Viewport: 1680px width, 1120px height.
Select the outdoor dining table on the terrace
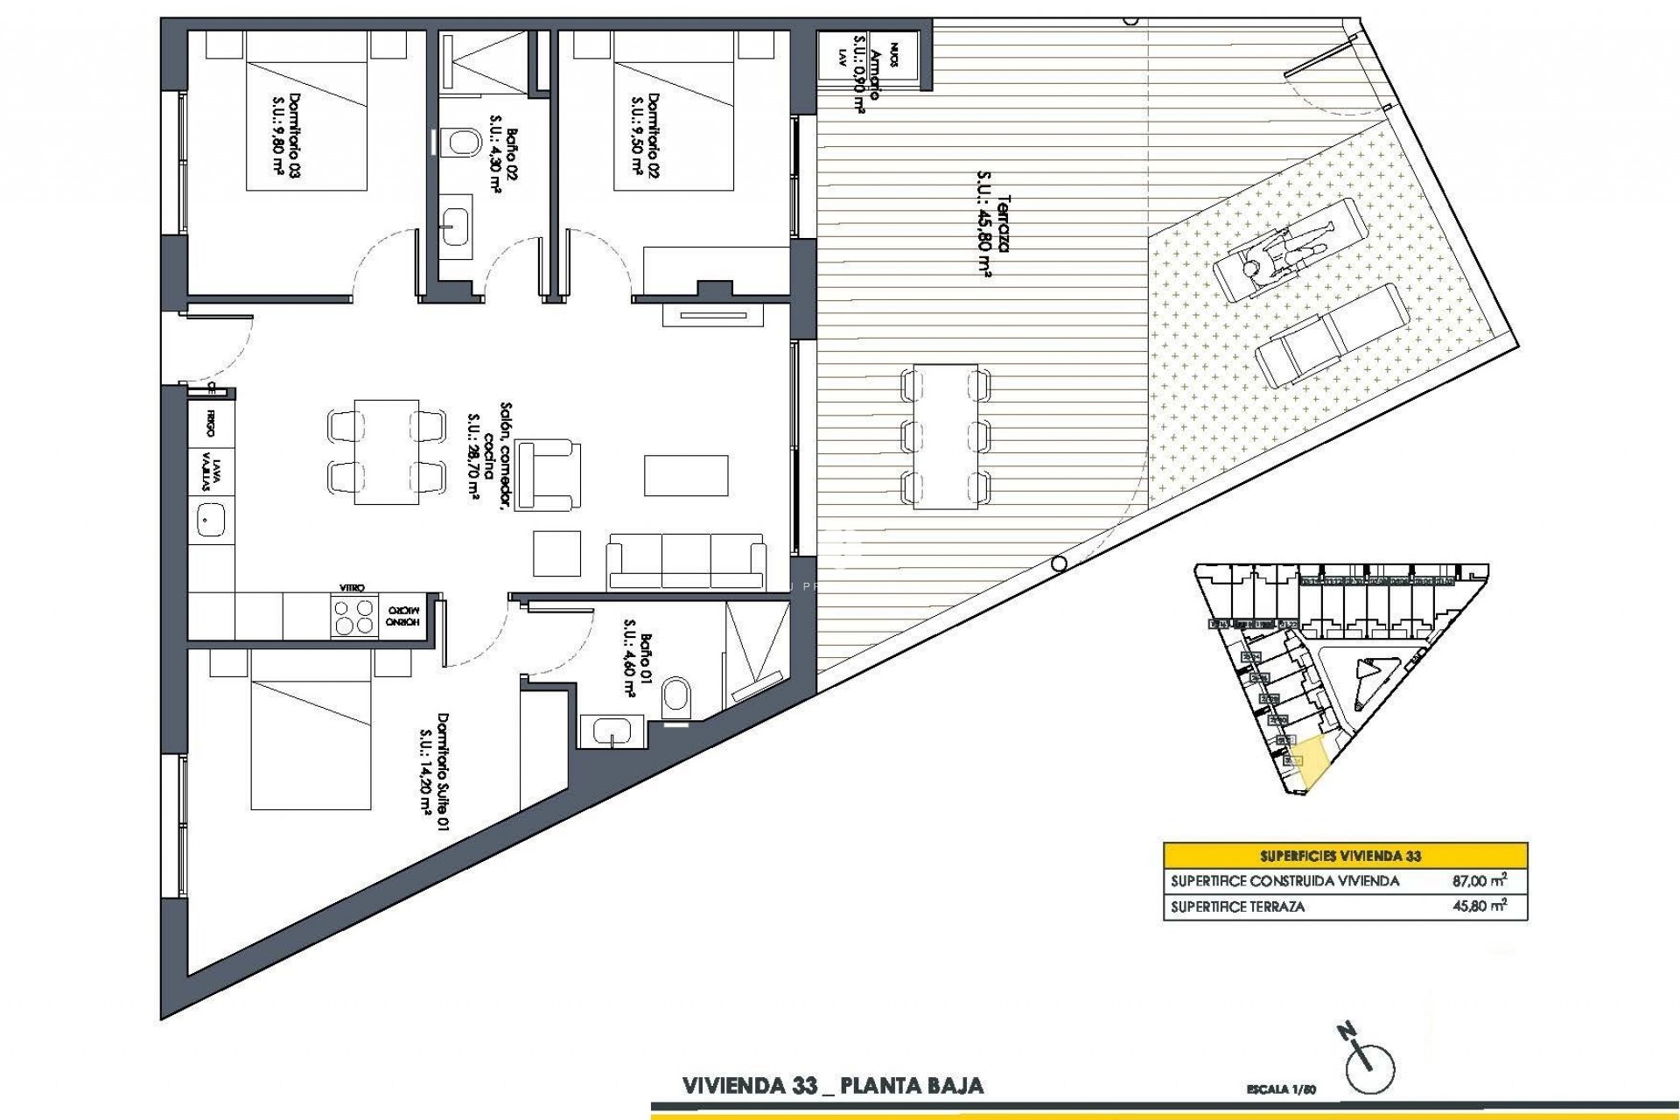click(945, 436)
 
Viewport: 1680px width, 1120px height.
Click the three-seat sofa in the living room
click(686, 561)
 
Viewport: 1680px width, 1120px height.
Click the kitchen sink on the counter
click(209, 522)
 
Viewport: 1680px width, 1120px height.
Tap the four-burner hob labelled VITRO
click(353, 616)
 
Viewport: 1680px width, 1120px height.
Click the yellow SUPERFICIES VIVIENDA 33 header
click(1345, 856)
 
